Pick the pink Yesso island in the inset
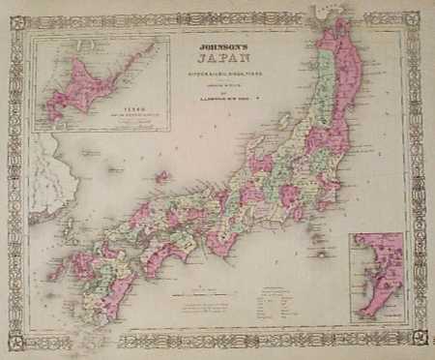[97, 82]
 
